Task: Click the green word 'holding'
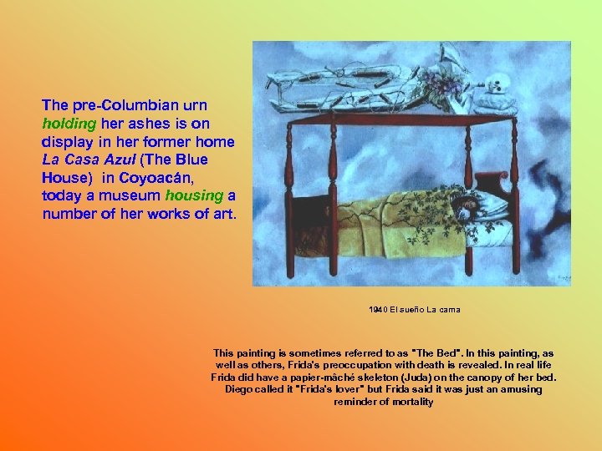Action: [68, 124]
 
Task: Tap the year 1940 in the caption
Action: [379, 310]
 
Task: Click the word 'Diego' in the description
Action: [238, 390]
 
